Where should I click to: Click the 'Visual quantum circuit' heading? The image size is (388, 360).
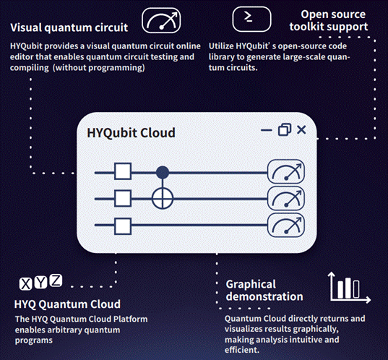pyautogui.click(x=69, y=27)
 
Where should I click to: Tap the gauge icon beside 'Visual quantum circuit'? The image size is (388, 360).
pyautogui.click(x=161, y=20)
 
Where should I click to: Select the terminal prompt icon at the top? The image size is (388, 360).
pyautogui.click(x=251, y=19)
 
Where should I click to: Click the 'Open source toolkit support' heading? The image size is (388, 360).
pyautogui.click(x=329, y=20)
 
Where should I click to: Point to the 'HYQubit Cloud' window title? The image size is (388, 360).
pyautogui.click(x=132, y=133)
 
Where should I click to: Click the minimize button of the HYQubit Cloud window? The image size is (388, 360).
pyautogui.click(x=267, y=130)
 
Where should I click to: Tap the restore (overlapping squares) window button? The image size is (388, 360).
pyautogui.click(x=285, y=129)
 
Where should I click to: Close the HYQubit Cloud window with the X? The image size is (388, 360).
pyautogui.click(x=301, y=129)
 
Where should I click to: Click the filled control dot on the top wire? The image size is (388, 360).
pyautogui.click(x=163, y=172)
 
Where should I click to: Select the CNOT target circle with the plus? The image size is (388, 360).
pyautogui.click(x=163, y=199)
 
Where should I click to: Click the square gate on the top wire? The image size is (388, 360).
pyautogui.click(x=123, y=171)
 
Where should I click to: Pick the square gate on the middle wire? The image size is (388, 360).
pyautogui.click(x=123, y=198)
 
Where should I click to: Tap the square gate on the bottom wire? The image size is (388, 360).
pyautogui.click(x=123, y=226)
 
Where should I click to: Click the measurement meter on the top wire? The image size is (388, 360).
pyautogui.click(x=286, y=171)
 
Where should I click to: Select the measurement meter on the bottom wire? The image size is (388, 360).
pyautogui.click(x=286, y=225)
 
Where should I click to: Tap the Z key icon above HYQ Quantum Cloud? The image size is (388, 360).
pyautogui.click(x=56, y=280)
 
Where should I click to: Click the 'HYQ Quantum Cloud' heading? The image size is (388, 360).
pyautogui.click(x=67, y=304)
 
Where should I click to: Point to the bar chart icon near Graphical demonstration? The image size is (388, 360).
pyautogui.click(x=349, y=288)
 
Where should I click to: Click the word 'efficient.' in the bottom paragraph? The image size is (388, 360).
pyautogui.click(x=242, y=350)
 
